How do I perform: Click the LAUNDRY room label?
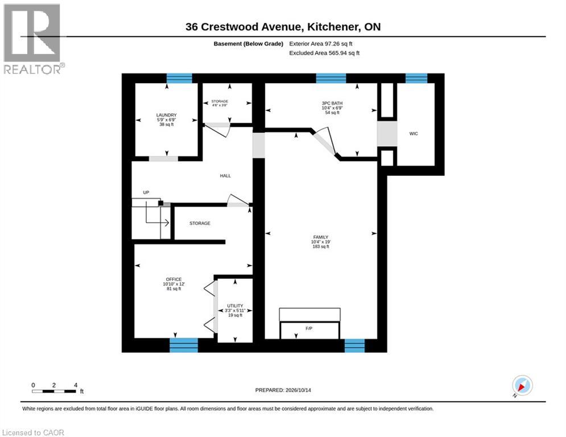tap(167, 115)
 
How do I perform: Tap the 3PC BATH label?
tap(332, 104)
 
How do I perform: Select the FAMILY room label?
tap(320, 237)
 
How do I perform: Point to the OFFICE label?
tap(173, 279)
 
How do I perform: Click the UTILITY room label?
tap(235, 306)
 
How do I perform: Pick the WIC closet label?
tap(414, 134)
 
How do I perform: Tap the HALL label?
tap(225, 176)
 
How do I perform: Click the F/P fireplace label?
tap(309, 329)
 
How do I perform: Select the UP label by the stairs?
tap(146, 192)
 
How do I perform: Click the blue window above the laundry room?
tap(179, 78)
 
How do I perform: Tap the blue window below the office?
tap(184, 345)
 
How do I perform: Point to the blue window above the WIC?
tap(416, 78)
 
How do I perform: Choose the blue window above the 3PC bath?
tap(331, 78)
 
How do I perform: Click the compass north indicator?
tap(522, 386)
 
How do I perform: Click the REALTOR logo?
tap(33, 39)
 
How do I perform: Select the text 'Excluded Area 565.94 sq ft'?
tap(324, 53)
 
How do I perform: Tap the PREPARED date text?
tap(283, 390)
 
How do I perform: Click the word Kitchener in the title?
tap(333, 27)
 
